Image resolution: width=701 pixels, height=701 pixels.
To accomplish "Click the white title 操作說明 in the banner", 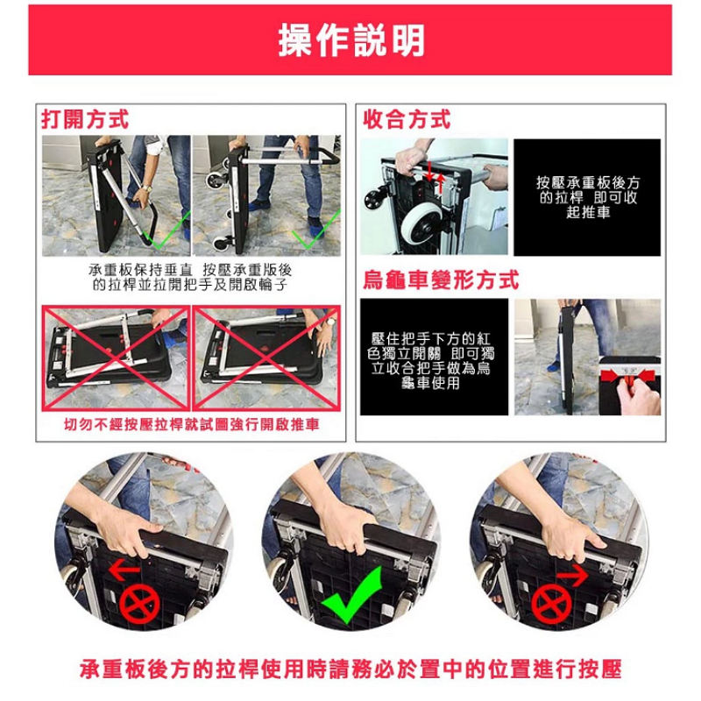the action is [351, 40].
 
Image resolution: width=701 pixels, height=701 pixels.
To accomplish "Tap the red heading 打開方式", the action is [85, 119].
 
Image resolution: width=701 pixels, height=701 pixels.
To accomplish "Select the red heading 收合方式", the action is [407, 119].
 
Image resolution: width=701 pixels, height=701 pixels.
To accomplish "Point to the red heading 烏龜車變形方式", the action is [441, 280].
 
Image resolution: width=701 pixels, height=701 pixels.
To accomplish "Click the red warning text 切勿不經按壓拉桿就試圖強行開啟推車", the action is [191, 424].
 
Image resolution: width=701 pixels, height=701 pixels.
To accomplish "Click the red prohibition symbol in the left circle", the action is [139, 604].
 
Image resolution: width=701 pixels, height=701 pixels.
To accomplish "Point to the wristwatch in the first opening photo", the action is [146, 189].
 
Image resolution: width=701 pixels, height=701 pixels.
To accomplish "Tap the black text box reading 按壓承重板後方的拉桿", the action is [587, 197].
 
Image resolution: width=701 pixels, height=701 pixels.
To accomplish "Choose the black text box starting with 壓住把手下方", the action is [434, 357].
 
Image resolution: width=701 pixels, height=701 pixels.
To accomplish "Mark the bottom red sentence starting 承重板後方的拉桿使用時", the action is [351, 669].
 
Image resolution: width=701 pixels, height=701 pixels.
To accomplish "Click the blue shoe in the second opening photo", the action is [259, 205].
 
